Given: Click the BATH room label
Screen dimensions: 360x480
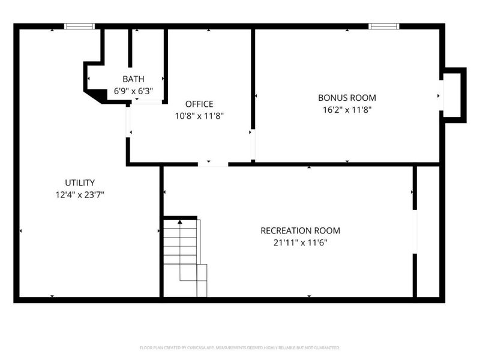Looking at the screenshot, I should point(133,79).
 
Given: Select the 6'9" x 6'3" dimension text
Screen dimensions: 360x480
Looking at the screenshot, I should point(133,91).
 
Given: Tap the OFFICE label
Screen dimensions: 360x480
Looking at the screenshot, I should point(199,104).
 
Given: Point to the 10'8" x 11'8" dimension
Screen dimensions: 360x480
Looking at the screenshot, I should point(199,116).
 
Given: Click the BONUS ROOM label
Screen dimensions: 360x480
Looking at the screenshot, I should point(347,97).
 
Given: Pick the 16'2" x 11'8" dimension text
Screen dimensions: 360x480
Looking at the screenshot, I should point(347,110).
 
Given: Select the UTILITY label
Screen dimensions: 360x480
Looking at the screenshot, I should point(80,182).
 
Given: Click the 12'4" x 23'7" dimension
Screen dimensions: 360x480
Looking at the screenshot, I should point(80,194).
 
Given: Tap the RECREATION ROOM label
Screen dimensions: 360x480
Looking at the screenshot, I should point(300,230).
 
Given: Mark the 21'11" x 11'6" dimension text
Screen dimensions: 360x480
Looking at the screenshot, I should point(300,242).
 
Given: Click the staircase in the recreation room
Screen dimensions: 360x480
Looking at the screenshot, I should point(184,258).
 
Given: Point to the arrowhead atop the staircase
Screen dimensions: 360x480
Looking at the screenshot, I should point(179,223).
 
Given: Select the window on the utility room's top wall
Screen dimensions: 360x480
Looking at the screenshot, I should point(79,26).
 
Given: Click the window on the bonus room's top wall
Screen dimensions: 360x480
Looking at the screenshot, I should point(383,26).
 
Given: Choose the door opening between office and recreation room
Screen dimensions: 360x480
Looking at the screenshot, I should point(213,164).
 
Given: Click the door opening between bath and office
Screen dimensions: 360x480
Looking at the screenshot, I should point(147,102).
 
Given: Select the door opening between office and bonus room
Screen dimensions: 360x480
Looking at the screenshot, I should point(253,144).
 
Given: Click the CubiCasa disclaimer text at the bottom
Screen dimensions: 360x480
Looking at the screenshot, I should point(240,347).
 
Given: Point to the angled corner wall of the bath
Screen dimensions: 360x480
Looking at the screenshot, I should point(92,96).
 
